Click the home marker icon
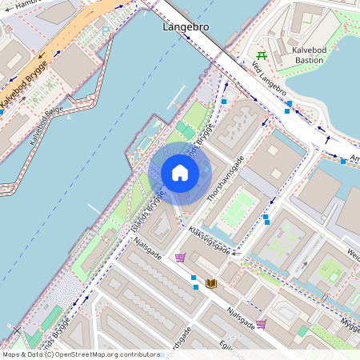(180, 174)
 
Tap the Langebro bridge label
(186, 26)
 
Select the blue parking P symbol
(106, 31)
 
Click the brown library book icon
(211, 284)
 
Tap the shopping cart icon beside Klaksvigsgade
(181, 258)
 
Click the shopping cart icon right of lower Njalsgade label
(261, 324)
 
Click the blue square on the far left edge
(2, 113)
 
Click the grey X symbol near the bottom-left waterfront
(17, 330)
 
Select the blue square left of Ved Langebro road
(225, 102)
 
